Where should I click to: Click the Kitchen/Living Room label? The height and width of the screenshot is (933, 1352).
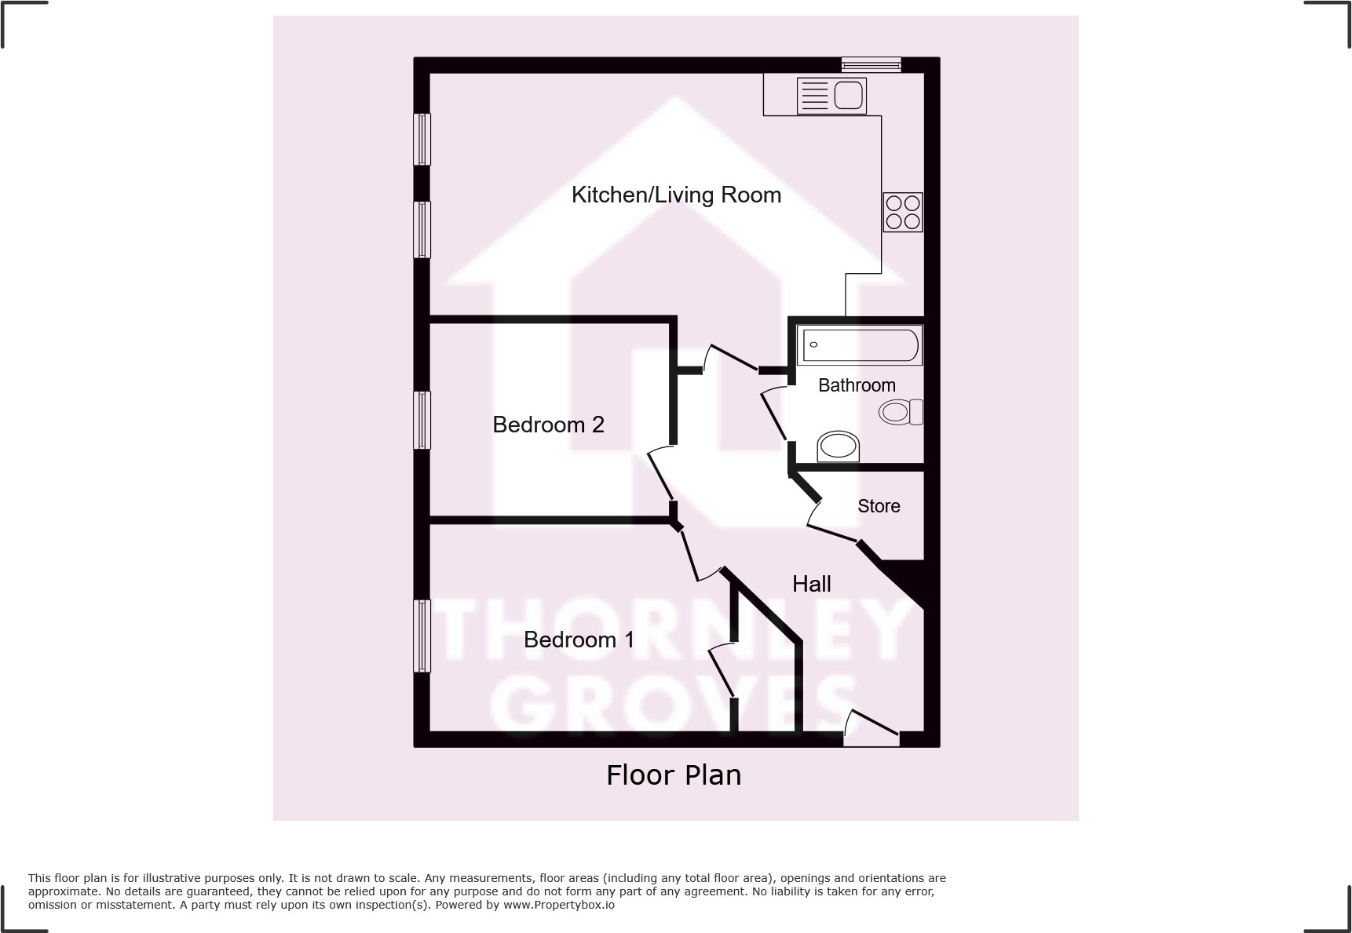[676, 195]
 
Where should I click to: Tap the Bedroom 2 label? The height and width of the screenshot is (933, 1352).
[548, 425]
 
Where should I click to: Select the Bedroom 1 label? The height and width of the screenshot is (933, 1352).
[579, 640]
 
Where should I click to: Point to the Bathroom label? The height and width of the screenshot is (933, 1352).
[857, 385]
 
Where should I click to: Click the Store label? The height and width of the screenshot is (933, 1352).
[879, 506]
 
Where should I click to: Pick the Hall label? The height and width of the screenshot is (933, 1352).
[811, 584]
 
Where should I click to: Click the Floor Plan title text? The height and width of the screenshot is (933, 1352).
[674, 775]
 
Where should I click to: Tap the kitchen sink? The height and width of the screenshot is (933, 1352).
[831, 97]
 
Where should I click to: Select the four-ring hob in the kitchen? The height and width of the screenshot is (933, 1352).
[902, 212]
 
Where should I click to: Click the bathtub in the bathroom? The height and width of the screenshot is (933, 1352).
[860, 345]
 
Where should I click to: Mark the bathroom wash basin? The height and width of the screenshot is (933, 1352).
[838, 446]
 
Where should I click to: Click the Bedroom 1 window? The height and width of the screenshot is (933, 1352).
[422, 636]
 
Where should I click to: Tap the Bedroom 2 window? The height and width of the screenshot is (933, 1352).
[422, 420]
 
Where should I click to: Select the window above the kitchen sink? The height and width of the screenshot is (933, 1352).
[871, 64]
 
